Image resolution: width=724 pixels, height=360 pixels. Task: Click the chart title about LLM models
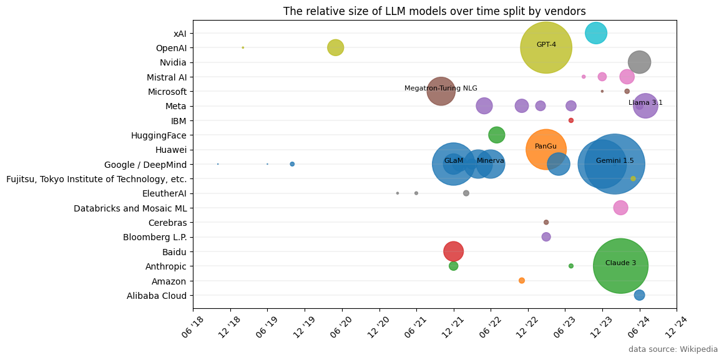(434, 11)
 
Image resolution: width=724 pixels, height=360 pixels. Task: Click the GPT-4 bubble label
(546, 45)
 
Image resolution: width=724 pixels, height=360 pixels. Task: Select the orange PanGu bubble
(546, 149)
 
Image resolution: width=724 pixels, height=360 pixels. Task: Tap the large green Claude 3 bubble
(620, 266)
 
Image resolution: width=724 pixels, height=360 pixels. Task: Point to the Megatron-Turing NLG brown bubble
(441, 92)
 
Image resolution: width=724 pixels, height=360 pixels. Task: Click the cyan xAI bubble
(596, 33)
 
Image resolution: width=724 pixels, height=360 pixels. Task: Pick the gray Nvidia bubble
(639, 62)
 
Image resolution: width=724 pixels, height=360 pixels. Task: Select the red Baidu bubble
(454, 251)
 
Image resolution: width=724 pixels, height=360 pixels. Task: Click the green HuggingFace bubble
(496, 135)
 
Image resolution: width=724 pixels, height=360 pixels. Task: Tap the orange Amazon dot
(522, 280)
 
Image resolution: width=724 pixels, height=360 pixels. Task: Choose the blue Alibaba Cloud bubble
(639, 295)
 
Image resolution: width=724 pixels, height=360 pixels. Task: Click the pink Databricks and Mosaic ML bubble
(620, 208)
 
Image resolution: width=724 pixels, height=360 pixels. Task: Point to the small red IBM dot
(570, 120)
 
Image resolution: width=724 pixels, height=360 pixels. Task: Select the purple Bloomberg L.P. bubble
(546, 236)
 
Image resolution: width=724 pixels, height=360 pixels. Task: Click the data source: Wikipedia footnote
(673, 349)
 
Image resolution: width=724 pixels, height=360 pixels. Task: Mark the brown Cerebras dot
(546, 222)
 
